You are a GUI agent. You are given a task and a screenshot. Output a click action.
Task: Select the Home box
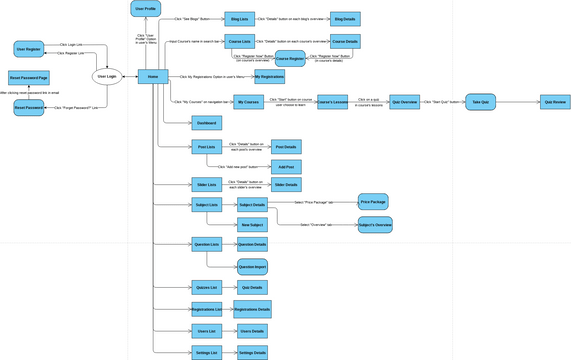click(152, 76)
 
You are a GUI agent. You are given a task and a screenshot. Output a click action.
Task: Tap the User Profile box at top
click(146, 9)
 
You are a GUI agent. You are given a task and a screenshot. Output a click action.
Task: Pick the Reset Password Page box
click(29, 76)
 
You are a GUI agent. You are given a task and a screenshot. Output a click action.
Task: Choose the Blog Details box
click(343, 19)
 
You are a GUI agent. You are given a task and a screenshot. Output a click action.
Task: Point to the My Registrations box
click(269, 76)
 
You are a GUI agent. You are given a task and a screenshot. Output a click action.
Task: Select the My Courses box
click(248, 102)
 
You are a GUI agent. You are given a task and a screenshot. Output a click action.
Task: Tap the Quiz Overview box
click(404, 102)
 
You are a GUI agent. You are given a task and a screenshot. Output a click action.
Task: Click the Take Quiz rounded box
click(480, 102)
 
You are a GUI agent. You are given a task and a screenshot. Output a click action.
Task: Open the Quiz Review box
click(555, 102)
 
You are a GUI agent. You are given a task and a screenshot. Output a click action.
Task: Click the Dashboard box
click(206, 123)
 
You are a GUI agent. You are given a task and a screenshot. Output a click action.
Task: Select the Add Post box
click(285, 167)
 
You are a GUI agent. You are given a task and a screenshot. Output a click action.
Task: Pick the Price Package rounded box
click(373, 202)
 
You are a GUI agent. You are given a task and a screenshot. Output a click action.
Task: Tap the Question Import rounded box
click(252, 266)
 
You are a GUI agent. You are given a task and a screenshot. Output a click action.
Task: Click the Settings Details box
click(252, 353)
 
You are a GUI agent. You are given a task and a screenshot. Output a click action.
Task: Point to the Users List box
click(206, 331)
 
